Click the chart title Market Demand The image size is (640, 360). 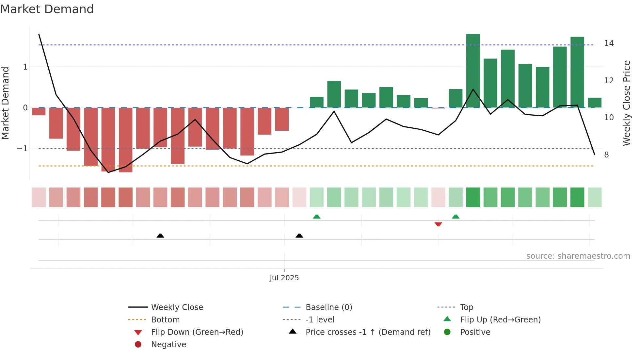47,9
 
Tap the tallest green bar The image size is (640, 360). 473,71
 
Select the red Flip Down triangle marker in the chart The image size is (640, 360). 438,224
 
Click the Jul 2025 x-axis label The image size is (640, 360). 284,278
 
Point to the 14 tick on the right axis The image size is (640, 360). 609,43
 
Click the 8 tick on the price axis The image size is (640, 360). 606,155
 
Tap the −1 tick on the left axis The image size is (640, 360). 22,149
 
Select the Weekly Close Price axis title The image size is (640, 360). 626,103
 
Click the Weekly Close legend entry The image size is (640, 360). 177,307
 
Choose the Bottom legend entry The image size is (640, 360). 165,320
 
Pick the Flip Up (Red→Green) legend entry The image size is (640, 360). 500,320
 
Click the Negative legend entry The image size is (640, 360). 168,345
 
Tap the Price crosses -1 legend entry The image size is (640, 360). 368,332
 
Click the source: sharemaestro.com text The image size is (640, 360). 578,256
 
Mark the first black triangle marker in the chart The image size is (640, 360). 160,236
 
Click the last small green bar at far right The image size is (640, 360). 595,103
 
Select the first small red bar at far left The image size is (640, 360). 39,111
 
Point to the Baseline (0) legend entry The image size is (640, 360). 328,307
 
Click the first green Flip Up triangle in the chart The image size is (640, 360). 316,217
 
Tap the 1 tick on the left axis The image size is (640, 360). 25,67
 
